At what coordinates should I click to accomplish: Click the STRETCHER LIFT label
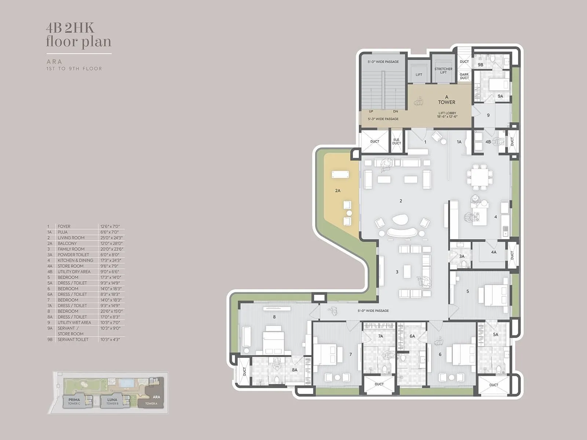(443, 70)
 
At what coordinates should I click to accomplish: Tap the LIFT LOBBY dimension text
(447, 117)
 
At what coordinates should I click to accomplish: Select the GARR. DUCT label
(464, 76)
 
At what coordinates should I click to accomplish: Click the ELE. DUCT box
(396, 142)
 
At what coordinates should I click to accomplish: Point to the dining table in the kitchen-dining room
(480, 177)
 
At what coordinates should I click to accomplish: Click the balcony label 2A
(338, 190)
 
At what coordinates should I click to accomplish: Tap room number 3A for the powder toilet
(462, 256)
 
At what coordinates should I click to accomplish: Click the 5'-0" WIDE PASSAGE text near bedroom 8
(373, 311)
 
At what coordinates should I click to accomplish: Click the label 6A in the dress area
(412, 336)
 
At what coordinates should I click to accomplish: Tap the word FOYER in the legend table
(64, 227)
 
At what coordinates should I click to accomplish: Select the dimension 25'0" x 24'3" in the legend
(110, 238)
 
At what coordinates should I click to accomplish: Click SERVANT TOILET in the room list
(73, 340)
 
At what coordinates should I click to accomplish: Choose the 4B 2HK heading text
(70, 28)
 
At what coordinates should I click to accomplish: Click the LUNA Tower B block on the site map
(112, 401)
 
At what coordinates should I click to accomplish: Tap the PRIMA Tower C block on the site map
(74, 401)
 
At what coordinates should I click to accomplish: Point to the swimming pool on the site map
(127, 383)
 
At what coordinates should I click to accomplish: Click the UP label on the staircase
(371, 111)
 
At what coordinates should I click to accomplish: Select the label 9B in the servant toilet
(480, 65)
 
